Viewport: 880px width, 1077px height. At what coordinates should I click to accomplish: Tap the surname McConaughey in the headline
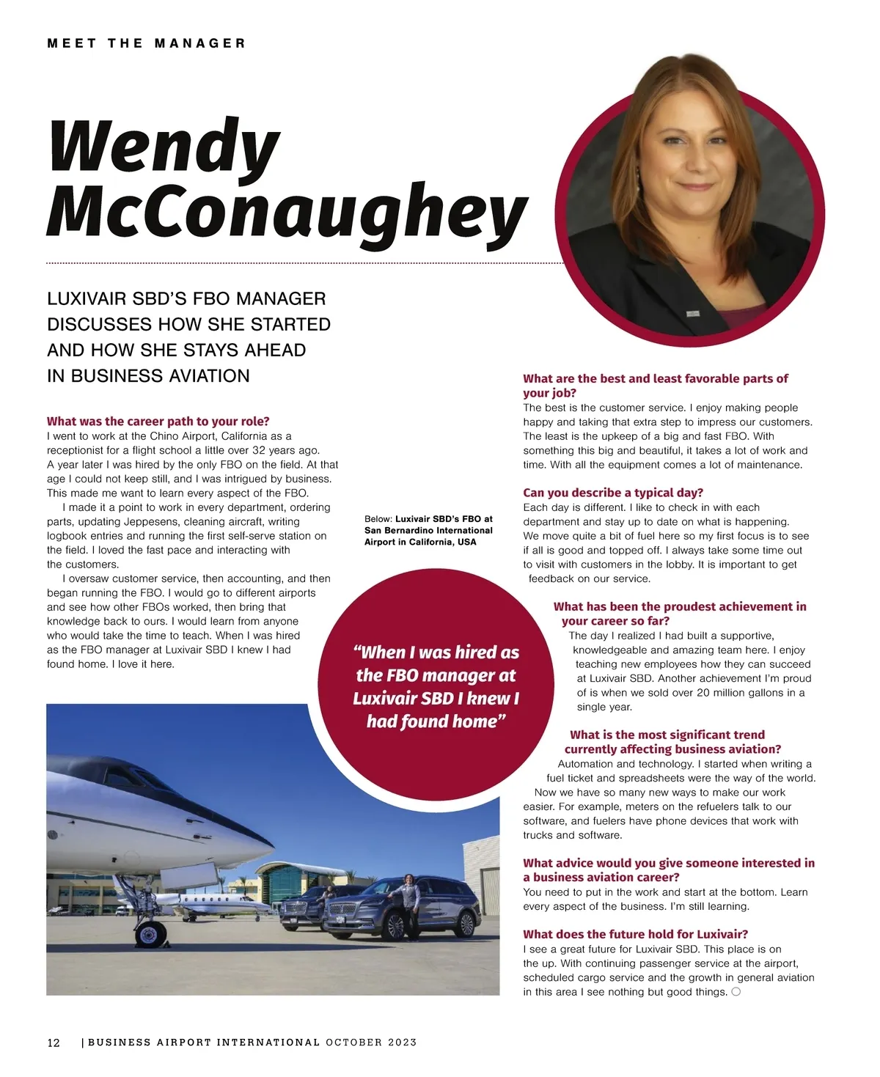(286, 213)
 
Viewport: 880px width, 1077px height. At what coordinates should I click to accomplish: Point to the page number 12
(54, 1043)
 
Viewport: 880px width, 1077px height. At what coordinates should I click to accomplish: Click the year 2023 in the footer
(403, 1043)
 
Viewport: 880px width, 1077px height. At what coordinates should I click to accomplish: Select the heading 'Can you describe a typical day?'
(612, 493)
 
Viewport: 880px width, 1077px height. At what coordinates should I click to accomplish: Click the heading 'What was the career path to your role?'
(158, 422)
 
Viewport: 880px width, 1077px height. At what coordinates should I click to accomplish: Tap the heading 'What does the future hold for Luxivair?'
(635, 934)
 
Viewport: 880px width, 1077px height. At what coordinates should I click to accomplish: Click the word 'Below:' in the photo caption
(378, 519)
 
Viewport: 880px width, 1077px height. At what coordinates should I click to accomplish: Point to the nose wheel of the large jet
(151, 934)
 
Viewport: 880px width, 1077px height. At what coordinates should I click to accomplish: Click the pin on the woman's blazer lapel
(692, 313)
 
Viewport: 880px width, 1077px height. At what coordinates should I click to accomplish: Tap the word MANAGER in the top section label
(199, 43)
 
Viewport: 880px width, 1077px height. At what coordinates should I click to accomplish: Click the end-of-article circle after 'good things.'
(736, 992)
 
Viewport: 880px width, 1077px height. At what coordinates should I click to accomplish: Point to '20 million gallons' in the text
(740, 693)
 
